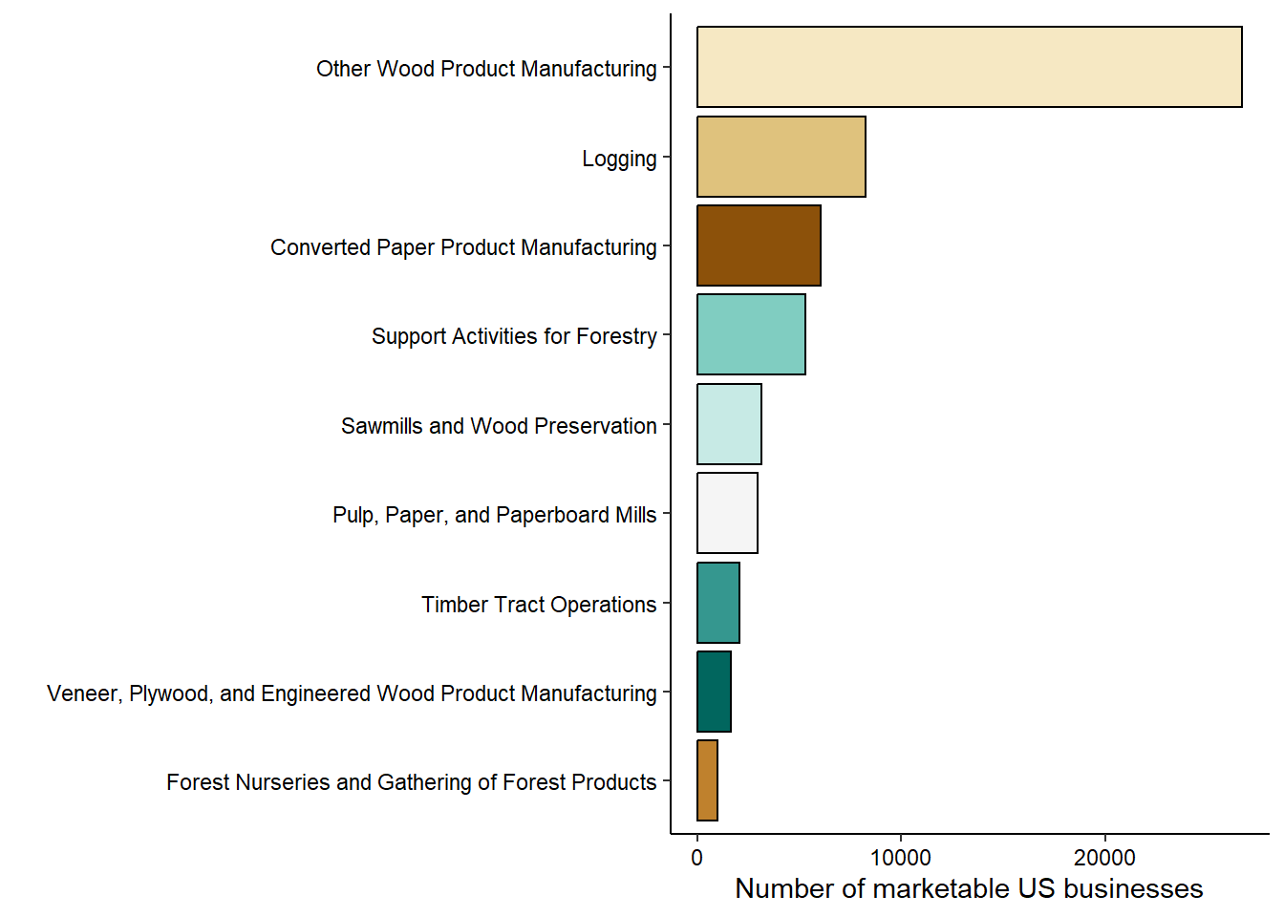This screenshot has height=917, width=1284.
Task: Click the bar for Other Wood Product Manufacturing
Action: pos(969,67)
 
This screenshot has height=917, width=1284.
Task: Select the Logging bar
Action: pos(781,157)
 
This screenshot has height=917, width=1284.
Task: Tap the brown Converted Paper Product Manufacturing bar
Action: pos(759,245)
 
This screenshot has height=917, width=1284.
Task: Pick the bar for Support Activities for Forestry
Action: pos(751,334)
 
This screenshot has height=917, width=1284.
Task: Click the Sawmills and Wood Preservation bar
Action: pos(729,424)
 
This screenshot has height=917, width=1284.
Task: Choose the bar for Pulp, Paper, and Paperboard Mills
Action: pos(727,513)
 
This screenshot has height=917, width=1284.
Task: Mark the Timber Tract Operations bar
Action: pos(718,603)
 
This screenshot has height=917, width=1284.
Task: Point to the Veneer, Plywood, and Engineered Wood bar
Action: pos(714,692)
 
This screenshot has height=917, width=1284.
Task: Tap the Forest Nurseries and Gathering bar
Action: pos(707,780)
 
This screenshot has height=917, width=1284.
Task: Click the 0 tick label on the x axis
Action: pos(696,858)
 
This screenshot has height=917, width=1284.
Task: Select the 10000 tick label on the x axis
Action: pos(900,858)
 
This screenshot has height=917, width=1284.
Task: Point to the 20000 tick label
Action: pos(1104,858)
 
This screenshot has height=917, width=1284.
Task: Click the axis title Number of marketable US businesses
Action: pos(969,888)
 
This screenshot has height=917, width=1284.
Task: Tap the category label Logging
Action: pos(619,159)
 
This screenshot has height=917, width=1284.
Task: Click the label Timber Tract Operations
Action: pos(539,605)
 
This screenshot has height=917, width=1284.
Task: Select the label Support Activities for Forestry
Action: pos(514,336)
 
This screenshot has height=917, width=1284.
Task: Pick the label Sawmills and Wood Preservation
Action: pos(499,426)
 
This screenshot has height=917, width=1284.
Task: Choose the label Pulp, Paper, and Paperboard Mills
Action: pos(494,515)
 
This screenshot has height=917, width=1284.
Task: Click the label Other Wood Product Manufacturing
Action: pos(486,69)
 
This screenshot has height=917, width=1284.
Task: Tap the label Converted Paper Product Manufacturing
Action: pos(463,247)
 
